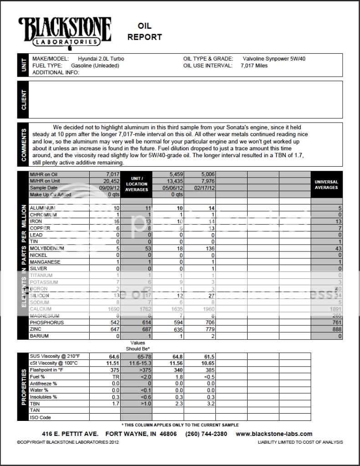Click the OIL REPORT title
coord(144,31)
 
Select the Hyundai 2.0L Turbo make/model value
coord(101,59)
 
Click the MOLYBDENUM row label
coord(47,248)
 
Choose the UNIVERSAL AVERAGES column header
coord(326,184)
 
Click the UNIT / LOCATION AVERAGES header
coord(137,184)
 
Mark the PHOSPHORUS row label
coord(47,323)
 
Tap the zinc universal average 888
coord(336,329)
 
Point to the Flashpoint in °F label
coord(46,370)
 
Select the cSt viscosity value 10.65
coord(207,363)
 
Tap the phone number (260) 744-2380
coord(206,434)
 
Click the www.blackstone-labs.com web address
coord(274,434)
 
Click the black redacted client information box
coord(144,96)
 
